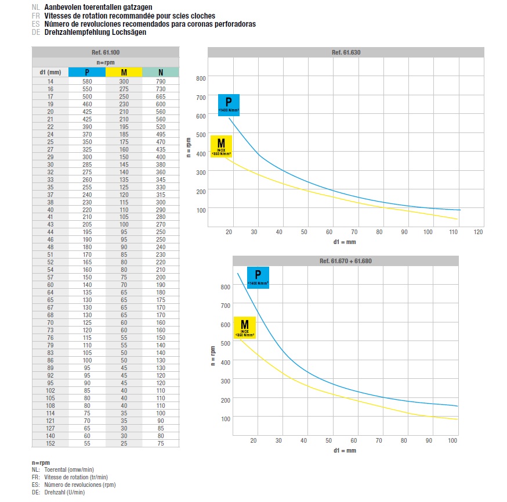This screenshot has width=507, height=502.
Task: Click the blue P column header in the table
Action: pos(87,72)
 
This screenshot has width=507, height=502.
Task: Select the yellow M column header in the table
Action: pos(124,72)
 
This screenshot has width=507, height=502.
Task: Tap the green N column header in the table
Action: pos(161,72)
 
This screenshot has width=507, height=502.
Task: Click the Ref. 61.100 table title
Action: pos(106,52)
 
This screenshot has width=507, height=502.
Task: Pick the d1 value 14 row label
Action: pos(50,82)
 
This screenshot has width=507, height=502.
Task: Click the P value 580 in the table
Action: pos(87,82)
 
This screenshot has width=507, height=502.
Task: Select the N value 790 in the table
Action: pos(161,82)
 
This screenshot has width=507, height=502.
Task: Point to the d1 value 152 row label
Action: pos(50,443)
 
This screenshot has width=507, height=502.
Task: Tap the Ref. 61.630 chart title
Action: pos(346,52)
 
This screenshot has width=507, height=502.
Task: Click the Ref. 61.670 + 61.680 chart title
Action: pos(346,261)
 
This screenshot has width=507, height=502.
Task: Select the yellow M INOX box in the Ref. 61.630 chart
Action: pos(221,146)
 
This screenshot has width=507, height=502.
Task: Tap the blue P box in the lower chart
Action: pos(258,277)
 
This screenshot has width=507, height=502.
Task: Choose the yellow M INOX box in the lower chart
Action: pos(245,328)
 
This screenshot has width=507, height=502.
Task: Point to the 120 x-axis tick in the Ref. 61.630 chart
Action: pos(479,232)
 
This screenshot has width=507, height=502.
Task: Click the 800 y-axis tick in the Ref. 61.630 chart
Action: pos(201,78)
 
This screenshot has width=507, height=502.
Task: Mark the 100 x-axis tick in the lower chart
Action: pos(452,441)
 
